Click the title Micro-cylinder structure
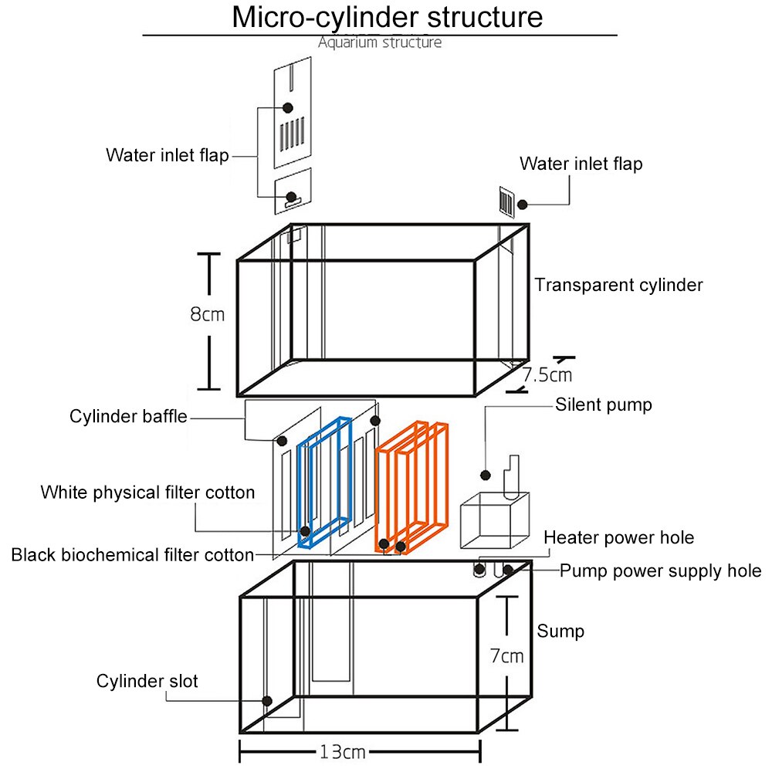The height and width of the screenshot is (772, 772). pos(387,18)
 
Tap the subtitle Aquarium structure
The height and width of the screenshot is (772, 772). pos(380,42)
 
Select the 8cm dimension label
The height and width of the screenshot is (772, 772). pos(208,314)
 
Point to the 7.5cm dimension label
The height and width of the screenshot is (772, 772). pos(547,375)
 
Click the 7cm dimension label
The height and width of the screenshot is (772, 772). pos(506,656)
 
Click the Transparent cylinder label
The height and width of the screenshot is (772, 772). pos(618,285)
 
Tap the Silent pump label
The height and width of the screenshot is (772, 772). pos(603,405)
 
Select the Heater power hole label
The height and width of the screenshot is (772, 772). pos(618,537)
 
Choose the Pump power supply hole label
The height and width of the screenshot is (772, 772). pos(660,571)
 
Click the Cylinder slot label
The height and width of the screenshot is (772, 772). pos(147,681)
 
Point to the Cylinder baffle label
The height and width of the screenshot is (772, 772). pos(128,417)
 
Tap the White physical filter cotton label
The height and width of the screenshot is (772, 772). pos(147,493)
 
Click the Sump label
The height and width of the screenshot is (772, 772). pos(560,631)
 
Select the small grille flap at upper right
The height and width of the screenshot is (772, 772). pos(507,202)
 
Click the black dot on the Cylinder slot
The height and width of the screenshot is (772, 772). pos(266,701)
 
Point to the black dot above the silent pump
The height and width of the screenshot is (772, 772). pos(486,474)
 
